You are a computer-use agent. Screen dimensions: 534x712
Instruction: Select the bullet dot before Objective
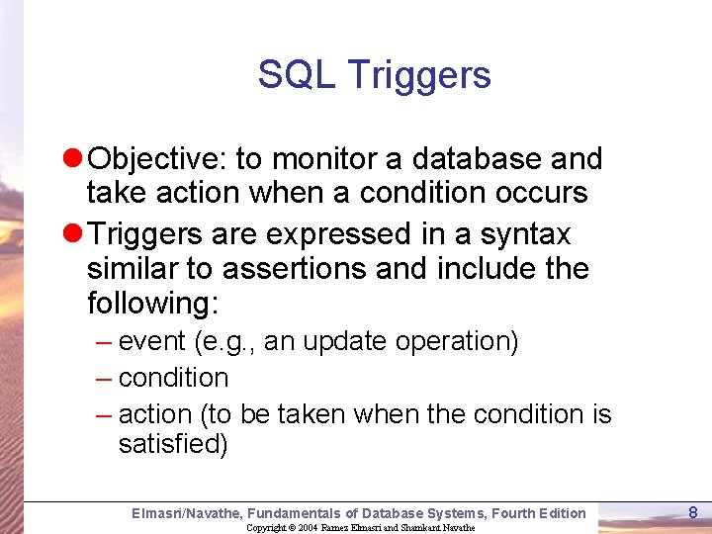pos(74,159)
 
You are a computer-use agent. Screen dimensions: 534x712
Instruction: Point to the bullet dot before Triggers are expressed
pos(74,234)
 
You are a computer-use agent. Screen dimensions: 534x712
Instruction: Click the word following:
pos(152,304)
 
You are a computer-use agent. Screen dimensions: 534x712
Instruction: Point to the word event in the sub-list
pos(152,342)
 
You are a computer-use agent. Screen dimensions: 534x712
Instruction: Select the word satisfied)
pos(173,445)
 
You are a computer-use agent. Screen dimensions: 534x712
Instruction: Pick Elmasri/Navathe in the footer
pos(186,512)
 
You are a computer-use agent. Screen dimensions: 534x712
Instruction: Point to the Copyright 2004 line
pos(360,527)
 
